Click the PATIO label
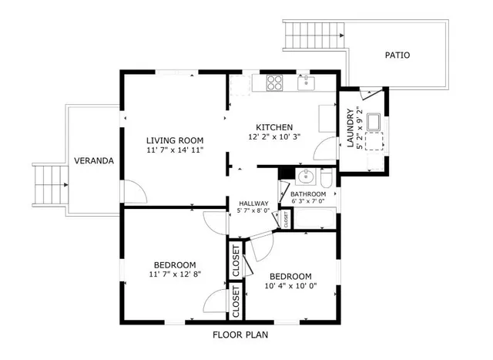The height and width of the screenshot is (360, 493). tap(397, 55)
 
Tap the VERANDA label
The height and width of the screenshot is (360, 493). tap(94, 161)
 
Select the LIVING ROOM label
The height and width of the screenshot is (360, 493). tap(175, 140)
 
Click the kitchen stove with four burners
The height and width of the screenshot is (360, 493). tap(274, 83)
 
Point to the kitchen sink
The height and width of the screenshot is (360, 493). tap(306, 83)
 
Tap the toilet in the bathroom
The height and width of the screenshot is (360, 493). tap(326, 178)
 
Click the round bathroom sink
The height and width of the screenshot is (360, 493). tap(305, 177)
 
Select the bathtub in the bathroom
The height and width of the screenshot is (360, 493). tap(315, 218)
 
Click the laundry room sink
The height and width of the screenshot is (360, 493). tap(374, 122)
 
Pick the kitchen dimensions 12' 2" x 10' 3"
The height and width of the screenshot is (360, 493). tap(274, 137)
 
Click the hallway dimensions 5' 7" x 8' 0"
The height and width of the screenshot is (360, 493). tap(253, 210)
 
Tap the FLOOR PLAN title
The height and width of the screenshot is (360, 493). tap(240, 335)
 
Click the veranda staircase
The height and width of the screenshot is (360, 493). tap(51, 185)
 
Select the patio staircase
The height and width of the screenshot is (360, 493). tap(314, 35)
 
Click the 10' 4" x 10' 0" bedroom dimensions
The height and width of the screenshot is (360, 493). tap(290, 286)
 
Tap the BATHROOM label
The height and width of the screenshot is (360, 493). tap(308, 194)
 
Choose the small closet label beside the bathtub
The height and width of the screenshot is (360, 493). tap(286, 219)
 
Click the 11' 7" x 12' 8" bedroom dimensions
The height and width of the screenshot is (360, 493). tap(175, 274)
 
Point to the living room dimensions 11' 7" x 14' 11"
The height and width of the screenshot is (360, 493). tap(175, 150)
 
